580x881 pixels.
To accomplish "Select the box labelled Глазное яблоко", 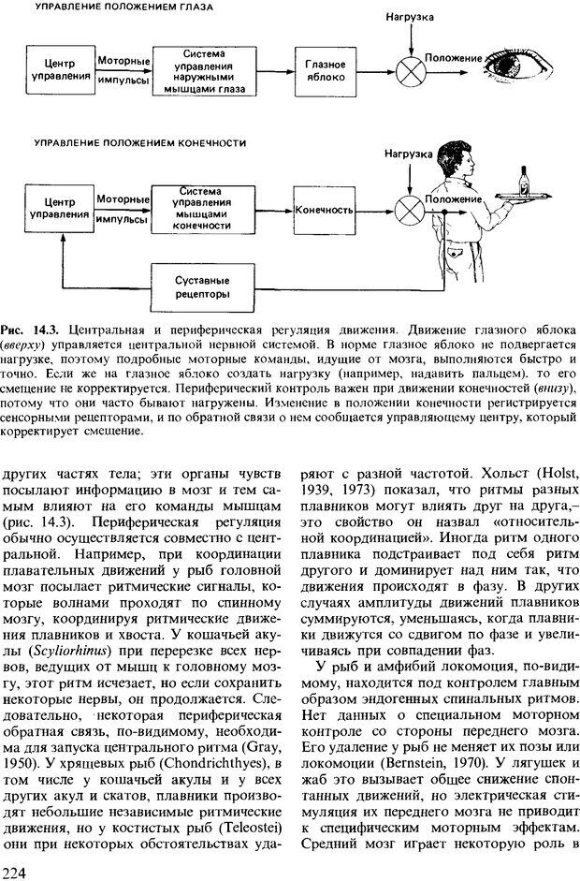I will [x=326, y=69].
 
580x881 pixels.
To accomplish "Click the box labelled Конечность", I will [x=326, y=210].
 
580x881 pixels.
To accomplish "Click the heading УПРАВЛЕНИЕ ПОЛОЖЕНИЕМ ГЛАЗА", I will [x=123, y=7].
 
